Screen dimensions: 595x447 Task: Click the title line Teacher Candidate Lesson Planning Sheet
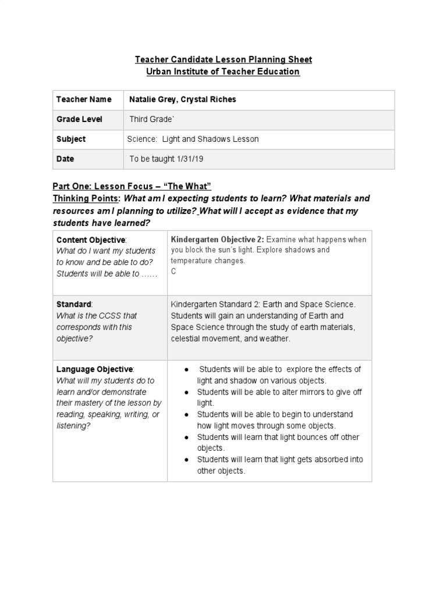[x=223, y=59]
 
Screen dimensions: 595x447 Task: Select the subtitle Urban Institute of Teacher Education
[x=223, y=71]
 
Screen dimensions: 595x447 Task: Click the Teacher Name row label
[x=84, y=99]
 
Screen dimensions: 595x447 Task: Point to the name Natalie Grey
[x=154, y=99]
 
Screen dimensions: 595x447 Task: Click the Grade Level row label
[x=79, y=119]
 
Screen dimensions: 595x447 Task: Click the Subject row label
[x=71, y=139]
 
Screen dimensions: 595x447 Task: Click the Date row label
[x=65, y=159]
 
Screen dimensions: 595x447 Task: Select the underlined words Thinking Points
[x=86, y=198]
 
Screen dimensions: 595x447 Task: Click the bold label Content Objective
[x=90, y=239]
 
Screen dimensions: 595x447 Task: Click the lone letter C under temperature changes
[x=173, y=271]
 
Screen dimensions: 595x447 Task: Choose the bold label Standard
[x=73, y=304]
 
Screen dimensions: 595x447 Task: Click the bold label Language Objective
[x=94, y=369]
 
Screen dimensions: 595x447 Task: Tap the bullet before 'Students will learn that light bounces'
[x=185, y=437]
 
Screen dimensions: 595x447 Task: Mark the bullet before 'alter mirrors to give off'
[x=185, y=392]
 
